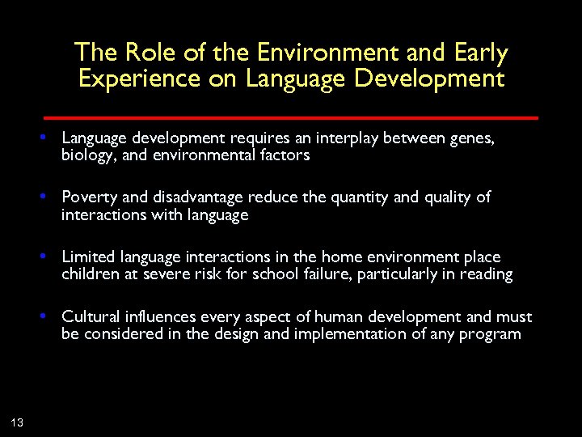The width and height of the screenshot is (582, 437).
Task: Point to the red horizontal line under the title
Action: click(291, 117)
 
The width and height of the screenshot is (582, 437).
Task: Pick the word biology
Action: click(86, 155)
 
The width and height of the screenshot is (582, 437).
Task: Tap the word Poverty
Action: click(87, 197)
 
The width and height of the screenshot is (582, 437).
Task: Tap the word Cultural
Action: click(90, 316)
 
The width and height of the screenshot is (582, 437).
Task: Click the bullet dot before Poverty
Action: click(49, 197)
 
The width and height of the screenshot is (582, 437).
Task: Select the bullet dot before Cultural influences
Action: click(49, 316)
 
